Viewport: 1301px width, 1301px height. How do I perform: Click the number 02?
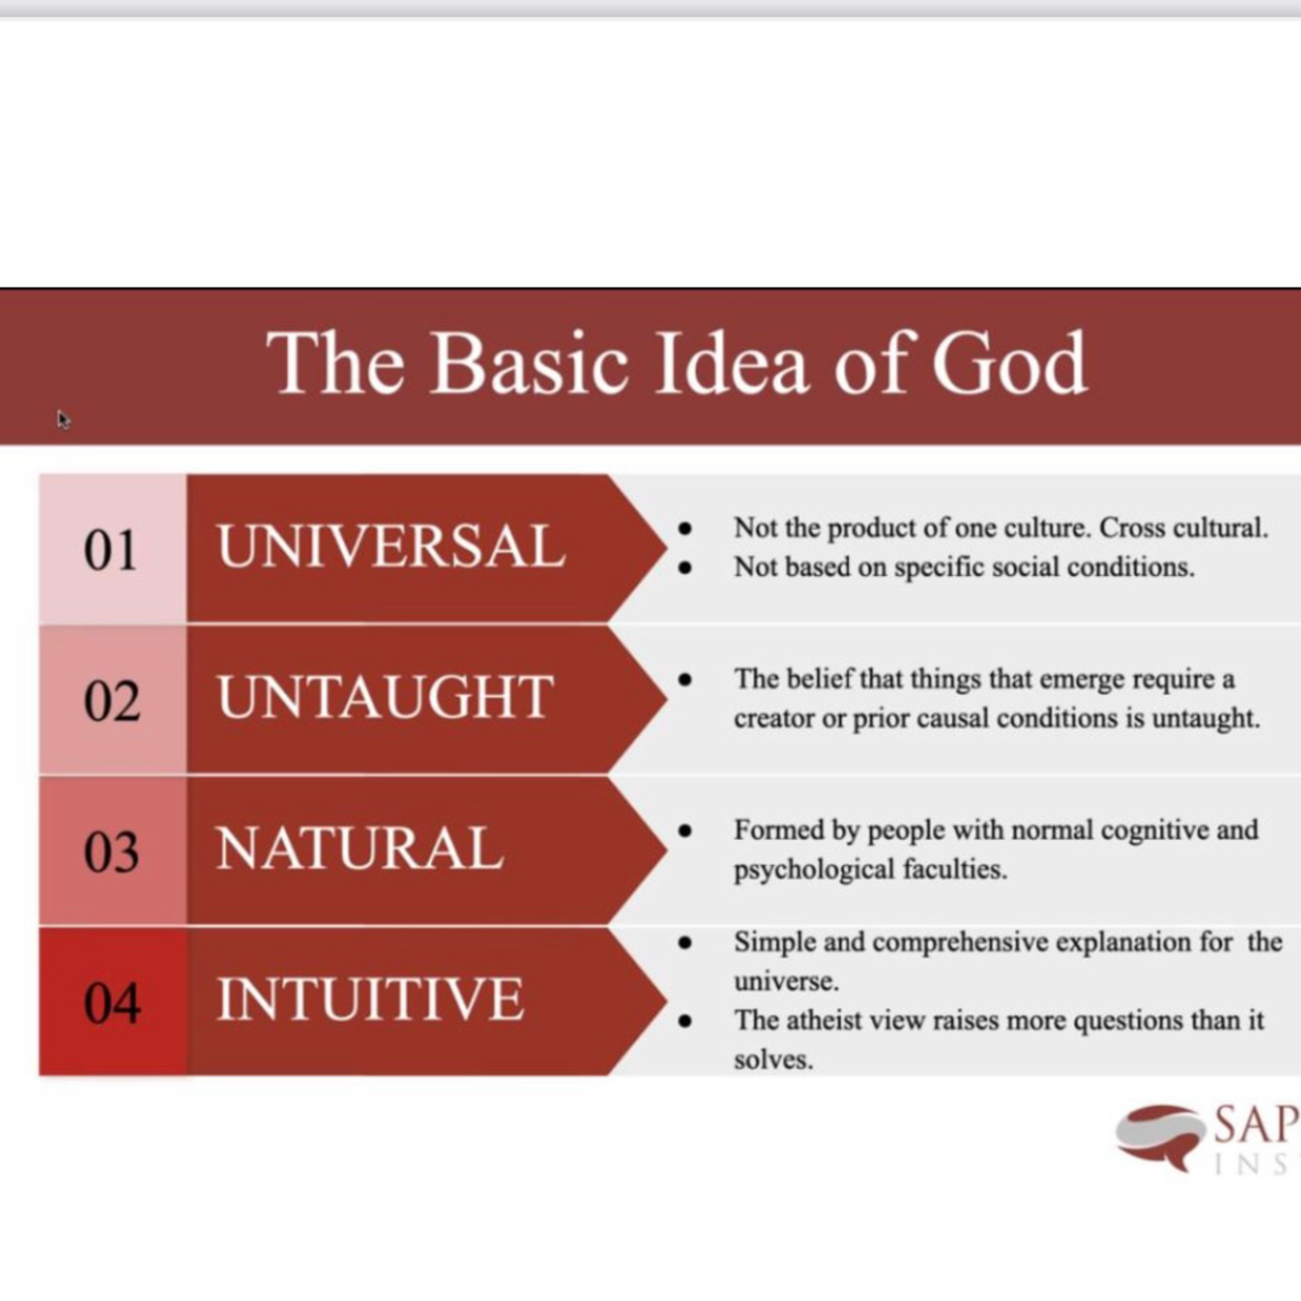coord(112,700)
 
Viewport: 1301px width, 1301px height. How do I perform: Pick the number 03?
coord(112,851)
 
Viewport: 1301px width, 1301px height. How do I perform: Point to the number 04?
coord(112,1003)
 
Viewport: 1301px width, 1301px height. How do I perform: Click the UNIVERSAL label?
coord(391,546)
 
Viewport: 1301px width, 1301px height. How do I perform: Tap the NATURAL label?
coord(360,849)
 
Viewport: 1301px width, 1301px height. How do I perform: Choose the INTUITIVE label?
coord(370,999)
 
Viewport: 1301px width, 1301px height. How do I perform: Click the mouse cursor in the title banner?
coord(63,419)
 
